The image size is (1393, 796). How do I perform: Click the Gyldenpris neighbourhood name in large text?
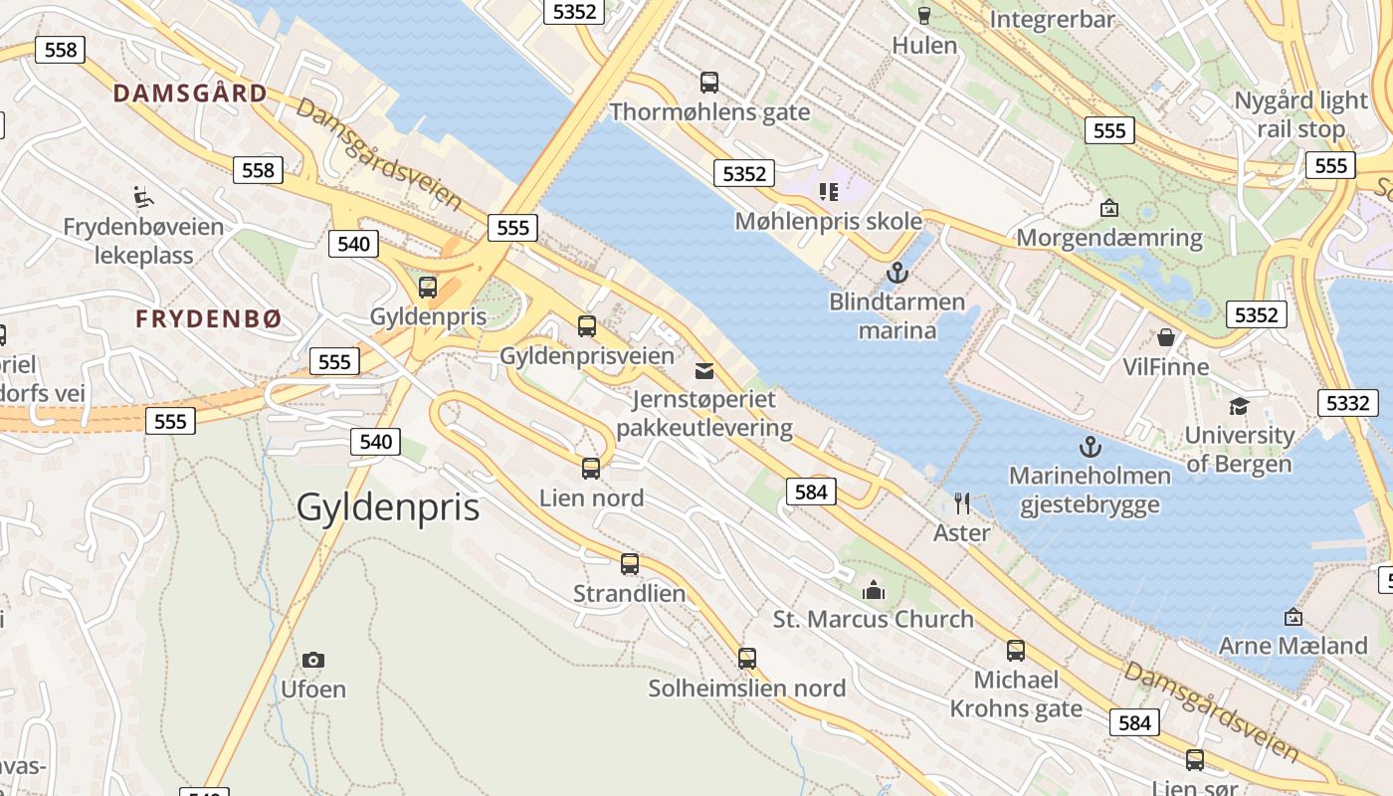(388, 507)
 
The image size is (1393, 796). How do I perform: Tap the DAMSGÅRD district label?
(190, 94)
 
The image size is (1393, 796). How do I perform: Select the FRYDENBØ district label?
(209, 319)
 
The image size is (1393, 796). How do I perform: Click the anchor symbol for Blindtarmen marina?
(897, 272)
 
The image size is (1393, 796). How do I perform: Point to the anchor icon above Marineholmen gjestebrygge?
(1091, 446)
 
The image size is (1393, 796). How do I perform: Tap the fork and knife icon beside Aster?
(961, 503)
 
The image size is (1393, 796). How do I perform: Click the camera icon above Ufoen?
(313, 660)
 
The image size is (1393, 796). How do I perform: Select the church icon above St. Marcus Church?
(874, 590)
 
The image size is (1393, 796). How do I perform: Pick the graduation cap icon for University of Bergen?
(1239, 406)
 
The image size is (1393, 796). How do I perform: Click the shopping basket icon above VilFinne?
(1166, 337)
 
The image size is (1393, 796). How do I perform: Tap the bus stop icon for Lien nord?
(591, 469)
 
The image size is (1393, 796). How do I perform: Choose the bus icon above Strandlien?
(630, 564)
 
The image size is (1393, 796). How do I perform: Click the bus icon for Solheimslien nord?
(747, 658)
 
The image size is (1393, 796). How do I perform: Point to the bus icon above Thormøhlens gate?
(709, 83)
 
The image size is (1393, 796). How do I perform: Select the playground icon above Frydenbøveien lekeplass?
(143, 196)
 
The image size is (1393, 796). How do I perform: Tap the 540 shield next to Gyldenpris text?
(375, 441)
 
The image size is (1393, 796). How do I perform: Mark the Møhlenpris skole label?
(829, 221)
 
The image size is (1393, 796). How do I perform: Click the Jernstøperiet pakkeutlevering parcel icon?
(704, 371)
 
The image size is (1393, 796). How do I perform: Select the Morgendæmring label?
(1109, 238)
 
